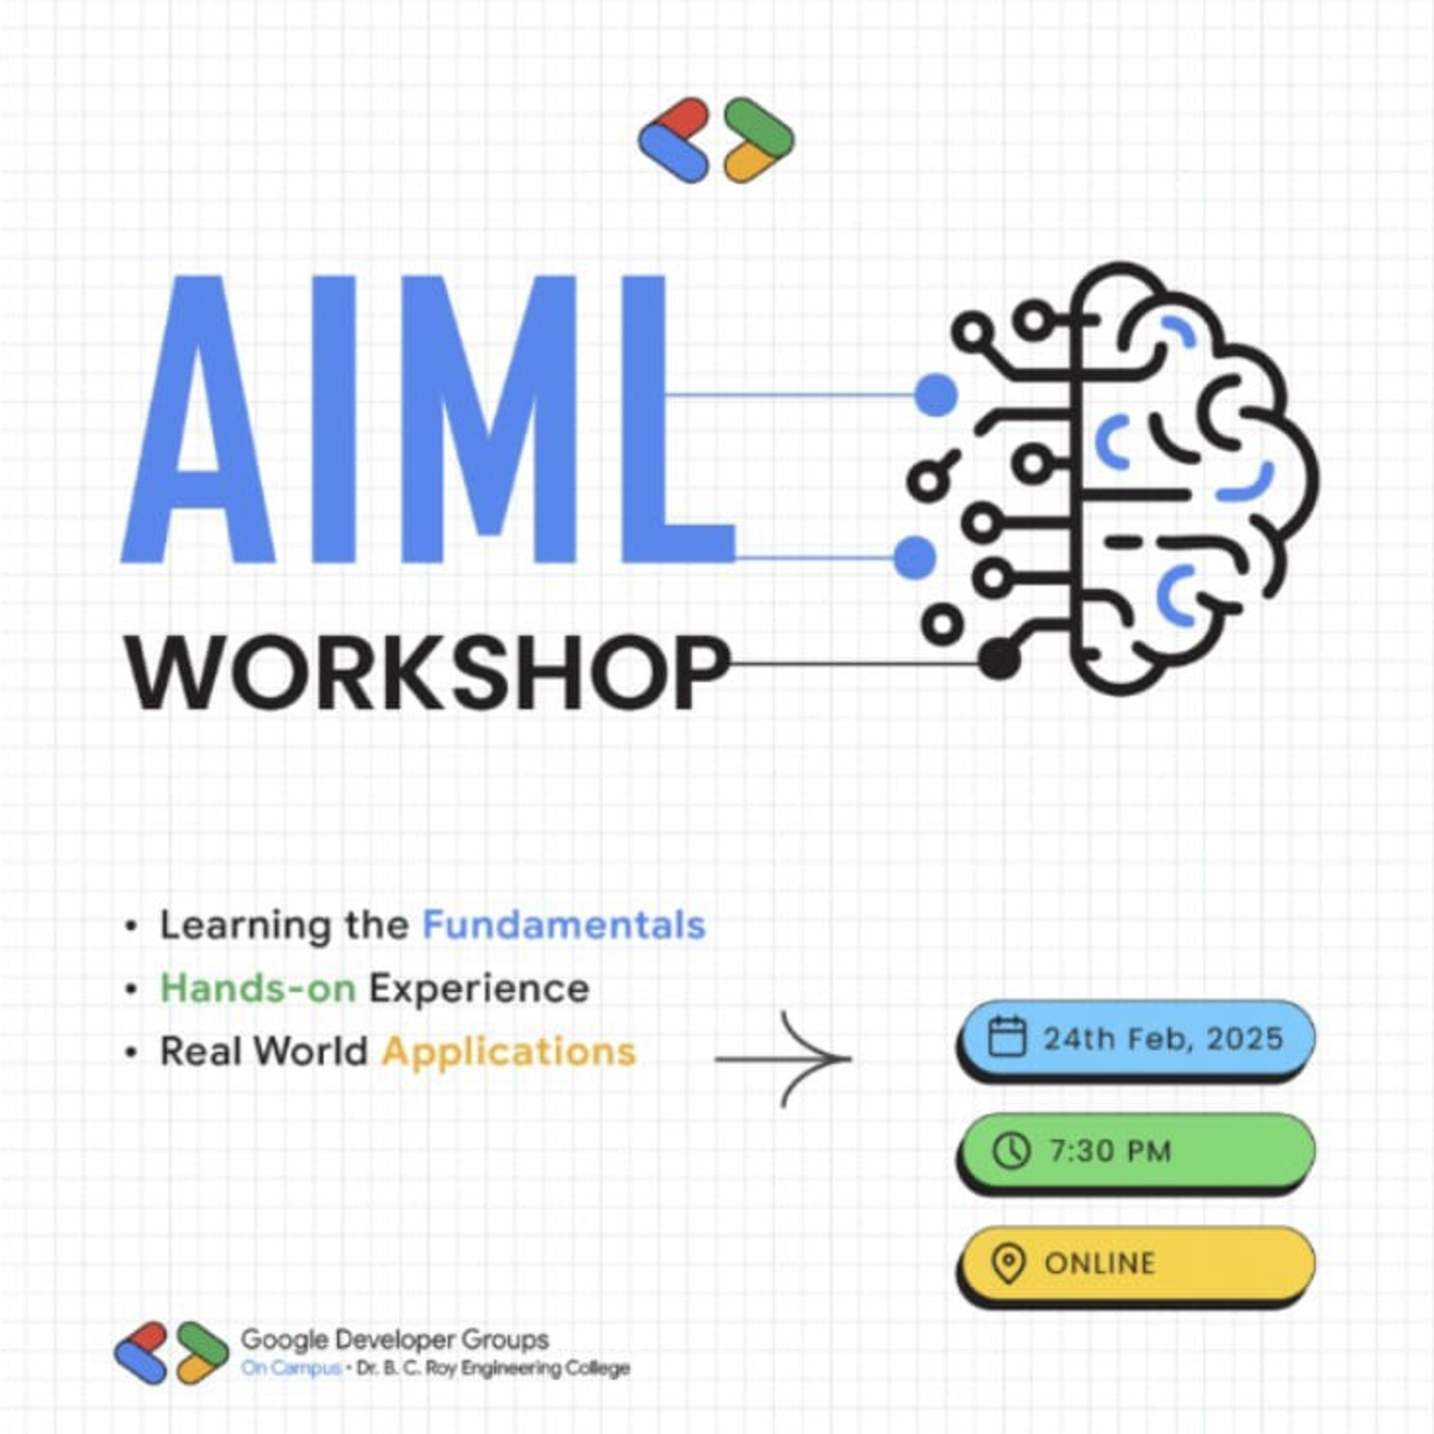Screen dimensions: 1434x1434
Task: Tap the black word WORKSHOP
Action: (429, 674)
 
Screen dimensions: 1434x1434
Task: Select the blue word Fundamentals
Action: (564, 925)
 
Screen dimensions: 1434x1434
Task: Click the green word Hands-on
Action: (258, 989)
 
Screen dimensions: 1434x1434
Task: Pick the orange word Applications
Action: (509, 1052)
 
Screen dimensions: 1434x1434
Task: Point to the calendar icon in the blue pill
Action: (1007, 1037)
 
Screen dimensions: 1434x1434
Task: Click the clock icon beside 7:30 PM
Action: (1011, 1151)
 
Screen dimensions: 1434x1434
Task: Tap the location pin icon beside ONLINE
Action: (1008, 1264)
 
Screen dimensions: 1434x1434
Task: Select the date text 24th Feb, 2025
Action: (1163, 1038)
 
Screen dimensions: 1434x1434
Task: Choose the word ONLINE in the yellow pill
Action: (1100, 1264)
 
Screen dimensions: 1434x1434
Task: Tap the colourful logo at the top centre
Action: (716, 140)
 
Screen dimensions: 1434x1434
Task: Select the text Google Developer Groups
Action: (395, 1340)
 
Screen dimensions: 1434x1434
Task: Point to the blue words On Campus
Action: (290, 1368)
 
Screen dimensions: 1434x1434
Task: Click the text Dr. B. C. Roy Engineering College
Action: (493, 1368)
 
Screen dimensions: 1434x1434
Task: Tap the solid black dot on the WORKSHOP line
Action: (998, 658)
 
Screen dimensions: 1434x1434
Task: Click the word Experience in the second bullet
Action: (479, 989)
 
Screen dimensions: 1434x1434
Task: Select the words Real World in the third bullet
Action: (264, 1052)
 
